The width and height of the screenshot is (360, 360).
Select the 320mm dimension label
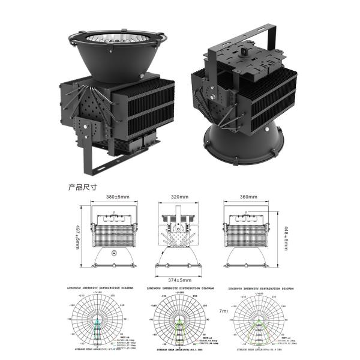[x=179, y=196]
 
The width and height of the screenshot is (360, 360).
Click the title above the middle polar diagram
[x=178, y=288]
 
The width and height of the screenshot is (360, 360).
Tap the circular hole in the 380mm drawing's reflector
[x=115, y=254]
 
